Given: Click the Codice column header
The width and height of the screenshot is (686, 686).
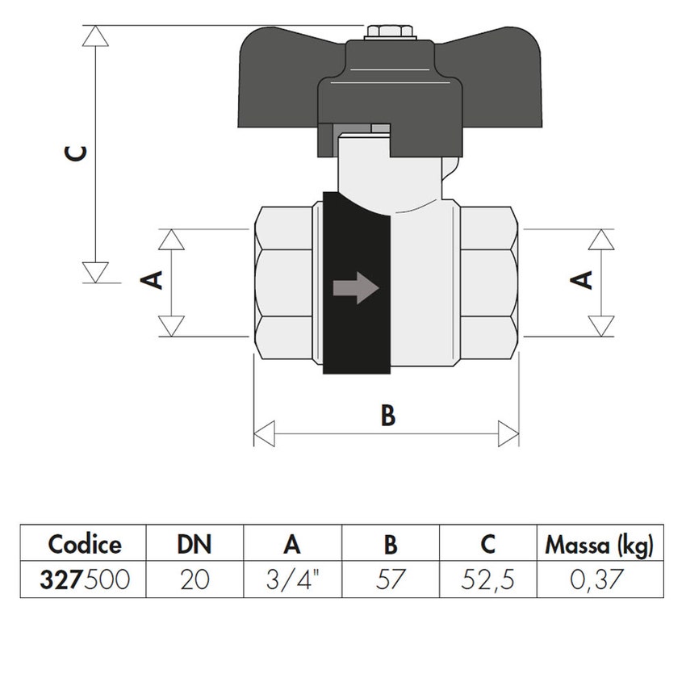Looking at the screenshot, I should pos(84,545).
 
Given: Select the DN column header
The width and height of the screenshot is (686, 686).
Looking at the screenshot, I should pos(195,545).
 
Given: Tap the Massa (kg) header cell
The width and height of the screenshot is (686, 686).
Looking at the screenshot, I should pos(600,545).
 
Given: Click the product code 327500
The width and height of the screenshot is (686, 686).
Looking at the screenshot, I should pos(84,579).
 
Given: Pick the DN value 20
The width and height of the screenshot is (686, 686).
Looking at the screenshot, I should pos(195,579).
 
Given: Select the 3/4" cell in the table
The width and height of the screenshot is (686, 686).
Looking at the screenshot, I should pos(292,579).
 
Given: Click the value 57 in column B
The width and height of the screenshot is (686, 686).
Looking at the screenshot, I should pos(390,579).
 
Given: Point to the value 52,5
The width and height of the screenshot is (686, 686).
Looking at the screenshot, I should pos(487,579).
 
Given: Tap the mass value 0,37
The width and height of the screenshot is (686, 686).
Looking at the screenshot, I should pos(600,579).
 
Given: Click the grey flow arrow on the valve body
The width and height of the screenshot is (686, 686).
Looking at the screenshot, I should pos(355,287).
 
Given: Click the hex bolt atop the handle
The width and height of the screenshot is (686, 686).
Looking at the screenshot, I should pos(389,33).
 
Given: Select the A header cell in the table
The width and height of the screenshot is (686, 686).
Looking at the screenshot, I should pos(292,545).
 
